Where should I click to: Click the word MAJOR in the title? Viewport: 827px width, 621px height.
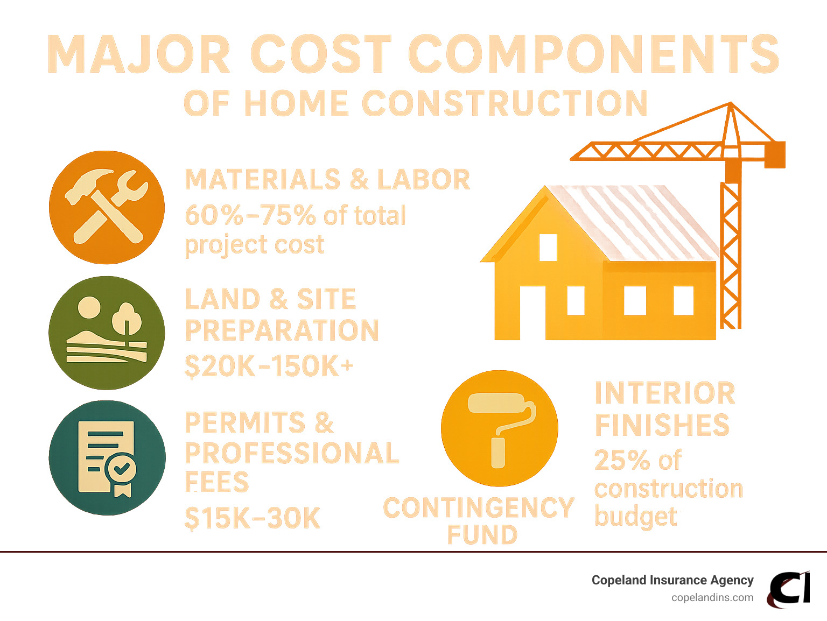coord(138,53)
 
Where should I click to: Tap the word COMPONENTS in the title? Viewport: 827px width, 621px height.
coord(594,53)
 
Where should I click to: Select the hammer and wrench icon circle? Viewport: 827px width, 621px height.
coord(107,207)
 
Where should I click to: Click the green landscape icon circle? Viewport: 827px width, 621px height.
coord(107,333)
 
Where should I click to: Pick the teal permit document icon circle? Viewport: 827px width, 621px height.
coord(107,458)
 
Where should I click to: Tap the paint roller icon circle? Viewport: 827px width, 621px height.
coord(500,428)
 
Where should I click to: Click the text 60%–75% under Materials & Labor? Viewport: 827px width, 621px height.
coord(250,215)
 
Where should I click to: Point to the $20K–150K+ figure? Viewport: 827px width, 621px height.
coord(269,366)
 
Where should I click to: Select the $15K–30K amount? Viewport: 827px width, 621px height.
coord(252,518)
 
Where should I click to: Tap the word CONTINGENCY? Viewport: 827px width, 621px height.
coord(479,507)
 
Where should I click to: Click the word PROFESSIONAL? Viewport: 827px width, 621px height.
coord(292,453)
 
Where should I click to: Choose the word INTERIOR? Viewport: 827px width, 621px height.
coord(665,393)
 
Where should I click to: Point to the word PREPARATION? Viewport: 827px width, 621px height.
coord(282,330)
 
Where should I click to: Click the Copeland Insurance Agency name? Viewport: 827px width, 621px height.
coord(672,580)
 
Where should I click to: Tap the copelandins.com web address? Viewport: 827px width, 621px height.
coord(712,598)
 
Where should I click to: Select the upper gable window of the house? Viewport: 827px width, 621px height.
coord(548,248)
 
